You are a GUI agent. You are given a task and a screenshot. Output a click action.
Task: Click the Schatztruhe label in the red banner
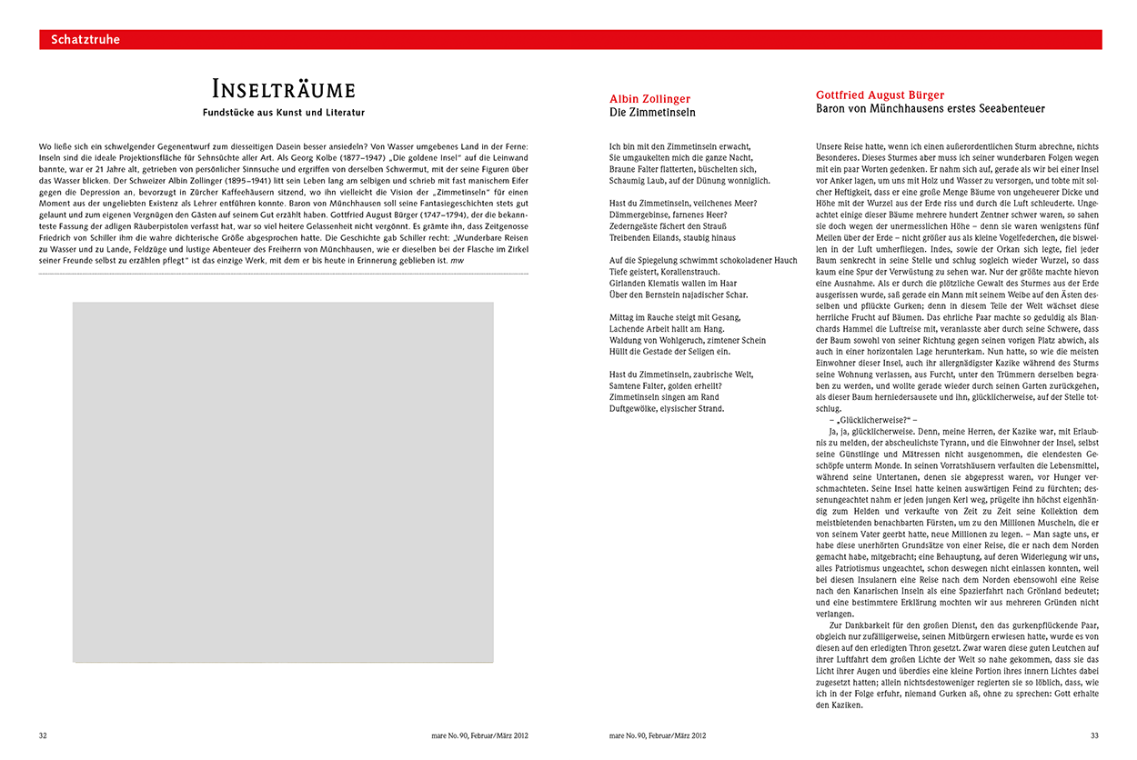click(86, 40)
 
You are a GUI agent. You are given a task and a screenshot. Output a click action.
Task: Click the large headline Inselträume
click(283, 89)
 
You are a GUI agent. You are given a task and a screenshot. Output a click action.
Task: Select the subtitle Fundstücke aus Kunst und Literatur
click(283, 114)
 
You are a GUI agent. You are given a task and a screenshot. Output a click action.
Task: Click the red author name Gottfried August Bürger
click(880, 95)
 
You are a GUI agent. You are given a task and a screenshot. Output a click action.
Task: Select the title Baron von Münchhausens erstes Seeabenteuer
click(931, 109)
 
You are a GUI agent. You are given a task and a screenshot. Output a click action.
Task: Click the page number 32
click(43, 735)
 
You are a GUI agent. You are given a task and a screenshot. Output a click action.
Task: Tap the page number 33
click(1095, 735)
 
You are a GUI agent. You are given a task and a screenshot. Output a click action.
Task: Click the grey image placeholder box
click(283, 482)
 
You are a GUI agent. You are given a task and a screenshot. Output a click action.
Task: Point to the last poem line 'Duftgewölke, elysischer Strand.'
click(667, 409)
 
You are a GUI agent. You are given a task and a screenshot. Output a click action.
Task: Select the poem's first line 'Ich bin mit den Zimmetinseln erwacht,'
click(680, 145)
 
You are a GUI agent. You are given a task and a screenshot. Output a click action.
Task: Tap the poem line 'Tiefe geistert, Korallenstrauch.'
click(664, 272)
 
